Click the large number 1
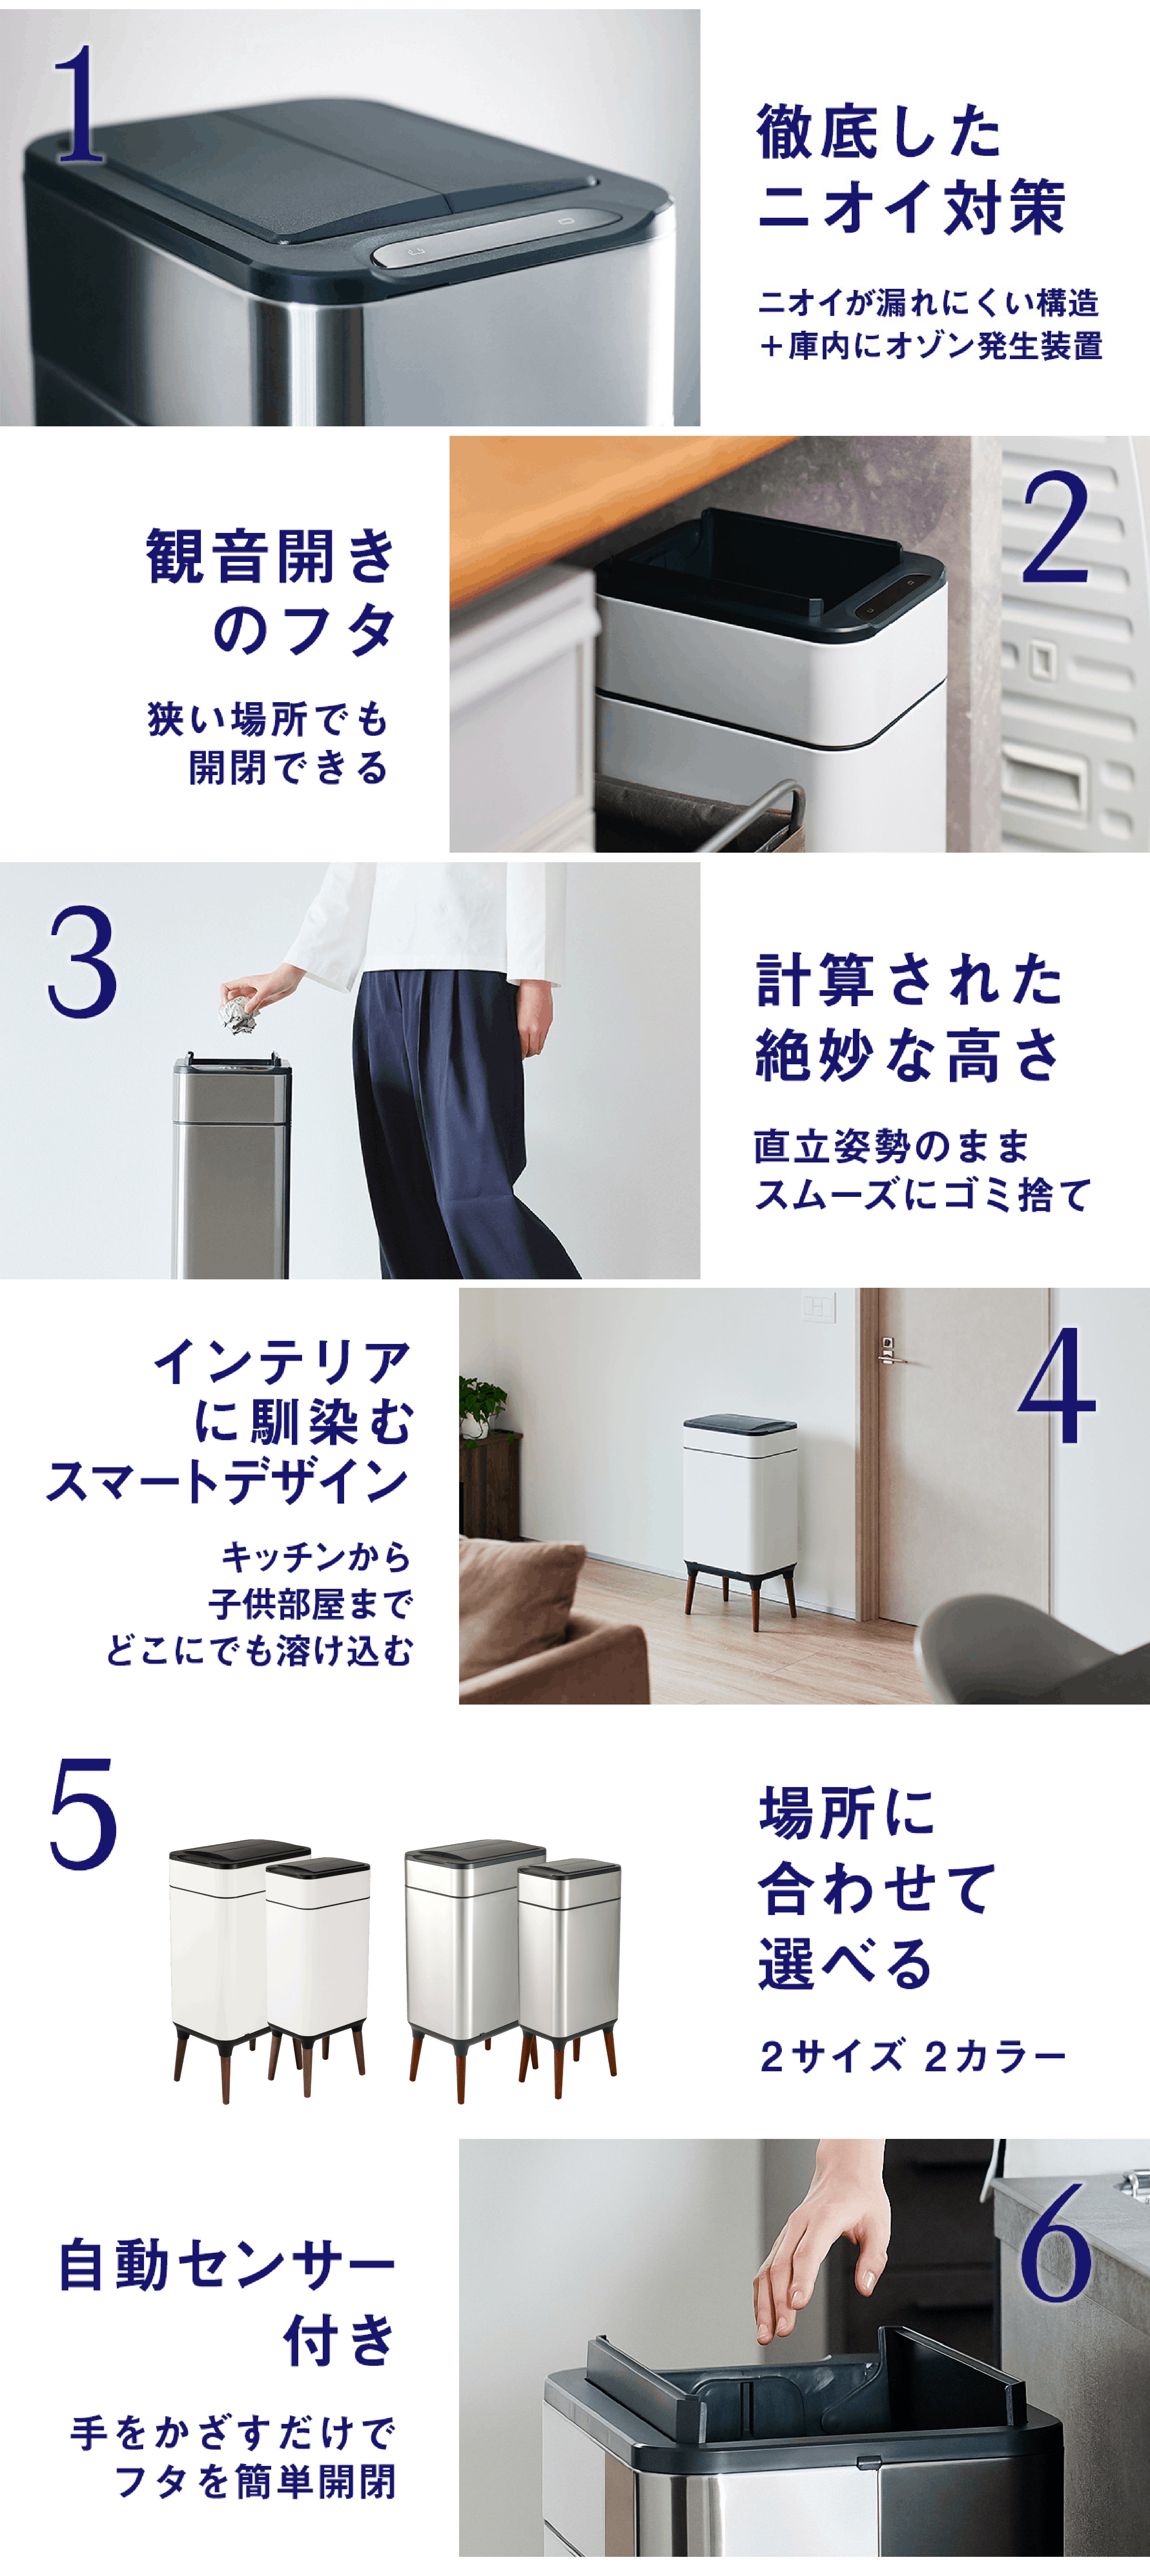click(80, 105)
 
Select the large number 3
click(82, 961)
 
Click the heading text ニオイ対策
click(911, 207)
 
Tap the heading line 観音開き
click(271, 556)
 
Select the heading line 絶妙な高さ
click(908, 1056)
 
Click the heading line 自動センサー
click(227, 2264)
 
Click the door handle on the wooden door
click(889, 1349)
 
